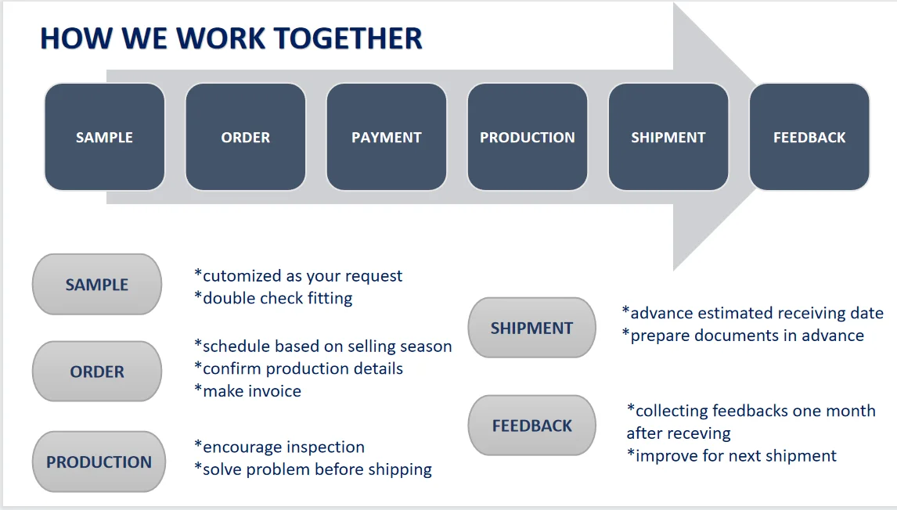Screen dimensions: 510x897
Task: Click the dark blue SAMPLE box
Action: (105, 137)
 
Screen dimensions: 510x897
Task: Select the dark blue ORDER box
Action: (245, 137)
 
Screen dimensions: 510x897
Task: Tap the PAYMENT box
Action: (386, 137)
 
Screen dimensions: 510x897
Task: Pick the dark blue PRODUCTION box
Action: (527, 137)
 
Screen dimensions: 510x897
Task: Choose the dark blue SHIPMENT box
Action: (668, 137)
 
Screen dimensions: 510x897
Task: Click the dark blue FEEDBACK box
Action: (809, 137)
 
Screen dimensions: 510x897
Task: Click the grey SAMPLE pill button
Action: (97, 284)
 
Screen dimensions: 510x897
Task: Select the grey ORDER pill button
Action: (97, 372)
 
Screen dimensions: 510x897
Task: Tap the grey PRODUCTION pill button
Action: (99, 462)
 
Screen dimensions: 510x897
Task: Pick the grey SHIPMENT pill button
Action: (531, 328)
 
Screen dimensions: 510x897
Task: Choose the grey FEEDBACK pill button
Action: (531, 426)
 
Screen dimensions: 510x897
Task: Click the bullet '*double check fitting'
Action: (273, 298)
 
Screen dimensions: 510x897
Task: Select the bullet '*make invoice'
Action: (247, 391)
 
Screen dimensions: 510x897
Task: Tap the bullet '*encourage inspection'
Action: (279, 447)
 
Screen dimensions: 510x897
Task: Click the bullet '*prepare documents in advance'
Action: (743, 336)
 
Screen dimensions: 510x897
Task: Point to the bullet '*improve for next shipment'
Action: (732, 455)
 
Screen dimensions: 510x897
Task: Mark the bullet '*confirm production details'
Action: (298, 368)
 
